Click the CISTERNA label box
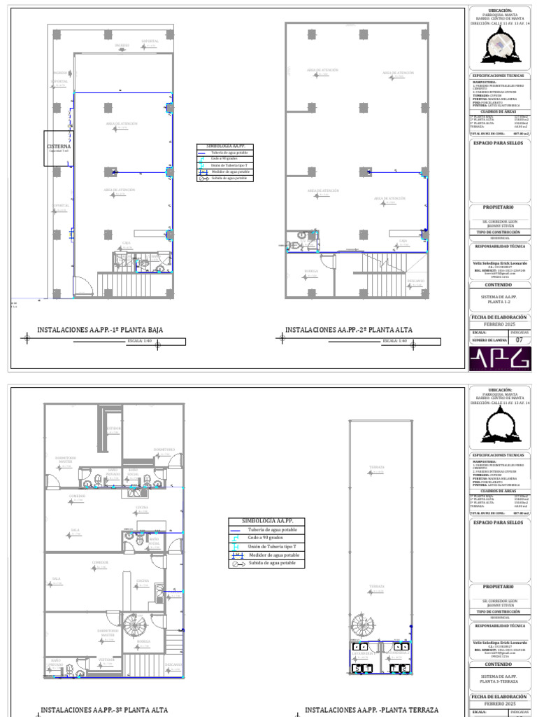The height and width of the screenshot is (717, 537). [59, 148]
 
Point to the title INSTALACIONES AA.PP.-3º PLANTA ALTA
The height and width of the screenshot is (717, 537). [104, 709]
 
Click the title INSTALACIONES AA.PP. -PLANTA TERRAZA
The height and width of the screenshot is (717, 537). [371, 709]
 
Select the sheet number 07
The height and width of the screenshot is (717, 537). [519, 340]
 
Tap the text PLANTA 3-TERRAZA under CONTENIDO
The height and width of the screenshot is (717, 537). [499, 681]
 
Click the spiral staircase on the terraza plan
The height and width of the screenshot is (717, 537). [364, 625]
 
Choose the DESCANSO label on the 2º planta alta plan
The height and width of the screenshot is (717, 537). [415, 280]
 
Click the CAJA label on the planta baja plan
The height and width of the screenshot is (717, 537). [127, 243]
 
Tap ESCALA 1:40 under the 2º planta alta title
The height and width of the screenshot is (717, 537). [393, 342]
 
